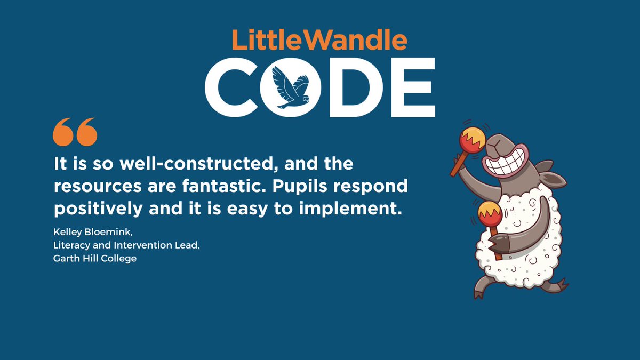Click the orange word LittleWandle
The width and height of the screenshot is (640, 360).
pos(319,41)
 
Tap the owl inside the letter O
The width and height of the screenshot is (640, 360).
pos(291,87)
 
